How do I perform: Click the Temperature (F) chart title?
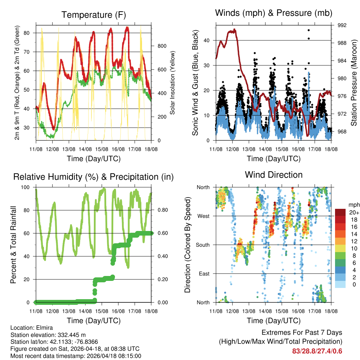(94, 15)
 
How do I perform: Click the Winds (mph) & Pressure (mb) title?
(274, 13)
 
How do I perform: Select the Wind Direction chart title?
(274, 174)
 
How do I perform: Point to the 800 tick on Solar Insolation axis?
(162, 46)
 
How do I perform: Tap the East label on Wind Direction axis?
(204, 274)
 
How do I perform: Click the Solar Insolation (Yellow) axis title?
(173, 83)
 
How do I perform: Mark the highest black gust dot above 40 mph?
(309, 31)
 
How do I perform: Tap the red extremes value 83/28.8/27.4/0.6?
(317, 351)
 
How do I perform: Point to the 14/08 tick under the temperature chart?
(85, 149)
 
